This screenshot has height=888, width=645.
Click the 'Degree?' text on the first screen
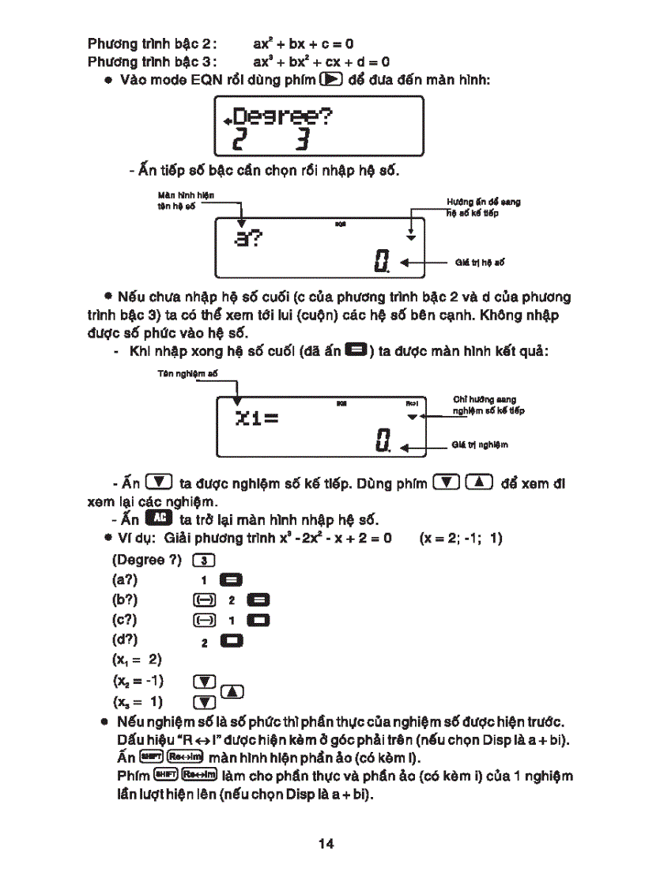282,117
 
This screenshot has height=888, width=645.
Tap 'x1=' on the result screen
257,418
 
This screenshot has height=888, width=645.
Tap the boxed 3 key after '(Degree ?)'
204,561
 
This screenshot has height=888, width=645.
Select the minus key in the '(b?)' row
204,600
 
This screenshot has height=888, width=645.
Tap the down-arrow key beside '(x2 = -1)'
204,681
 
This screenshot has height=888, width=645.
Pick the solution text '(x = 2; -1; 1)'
461,539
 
